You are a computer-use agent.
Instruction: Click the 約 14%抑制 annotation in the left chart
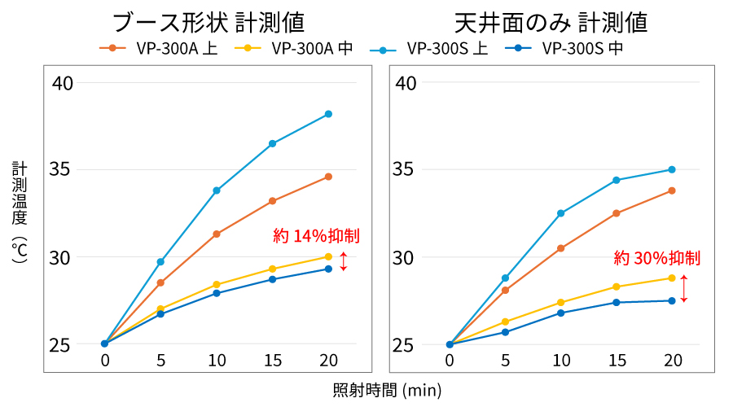(317, 237)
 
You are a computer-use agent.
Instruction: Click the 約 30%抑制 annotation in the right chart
(657, 259)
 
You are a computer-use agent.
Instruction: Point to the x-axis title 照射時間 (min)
(387, 390)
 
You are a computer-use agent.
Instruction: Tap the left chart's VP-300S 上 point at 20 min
(328, 114)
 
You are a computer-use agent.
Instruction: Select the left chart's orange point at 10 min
(217, 234)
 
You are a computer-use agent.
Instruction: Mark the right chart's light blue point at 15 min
(616, 180)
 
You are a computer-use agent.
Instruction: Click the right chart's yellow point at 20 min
(672, 278)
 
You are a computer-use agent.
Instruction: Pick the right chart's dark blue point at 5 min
(505, 332)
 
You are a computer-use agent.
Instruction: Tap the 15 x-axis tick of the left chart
(272, 361)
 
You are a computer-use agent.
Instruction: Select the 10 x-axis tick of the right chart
(560, 361)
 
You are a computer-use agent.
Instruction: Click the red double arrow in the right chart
(684, 289)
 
